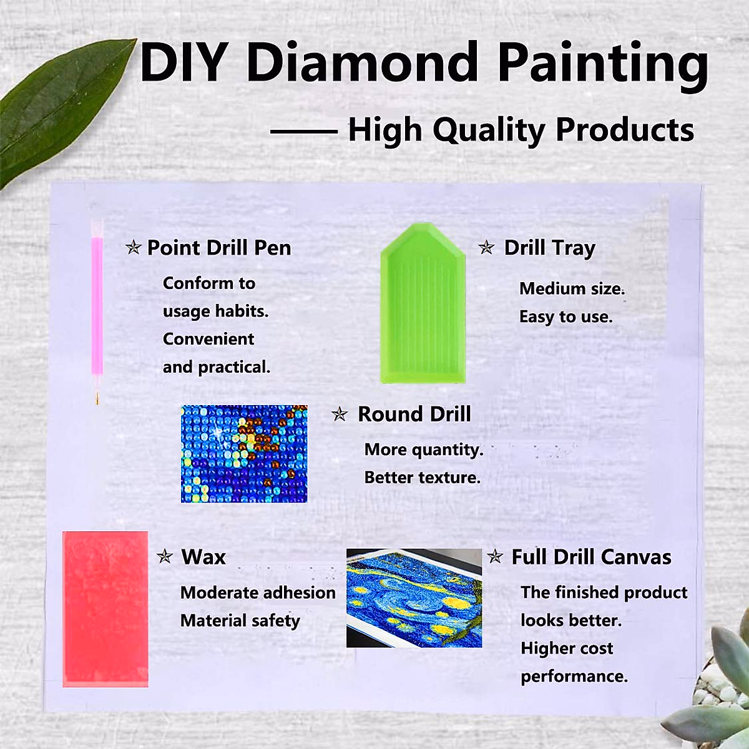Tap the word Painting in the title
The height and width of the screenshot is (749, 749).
pos(603,66)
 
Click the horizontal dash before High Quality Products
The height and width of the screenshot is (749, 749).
pos(303,132)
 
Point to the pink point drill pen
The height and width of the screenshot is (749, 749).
pos(97,311)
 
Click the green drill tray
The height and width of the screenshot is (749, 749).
pos(423,303)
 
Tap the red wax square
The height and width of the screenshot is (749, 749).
pos(105,609)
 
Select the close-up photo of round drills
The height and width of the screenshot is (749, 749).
pos(244,454)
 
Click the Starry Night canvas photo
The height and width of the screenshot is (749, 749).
pos(414,598)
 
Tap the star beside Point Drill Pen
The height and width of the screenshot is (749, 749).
pos(134,248)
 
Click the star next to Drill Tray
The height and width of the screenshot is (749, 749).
pos(487,248)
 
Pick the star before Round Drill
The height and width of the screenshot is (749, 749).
pos(340,414)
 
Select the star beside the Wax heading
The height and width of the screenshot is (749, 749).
pos(165,557)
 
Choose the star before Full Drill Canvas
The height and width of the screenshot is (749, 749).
pos(495,557)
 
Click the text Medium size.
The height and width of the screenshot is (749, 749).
pos(572,289)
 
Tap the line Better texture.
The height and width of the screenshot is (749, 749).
pos(423,477)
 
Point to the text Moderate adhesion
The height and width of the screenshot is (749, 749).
pos(258,593)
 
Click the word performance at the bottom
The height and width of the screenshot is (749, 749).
pos(574,677)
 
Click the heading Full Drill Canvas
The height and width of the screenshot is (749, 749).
pos(592,557)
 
